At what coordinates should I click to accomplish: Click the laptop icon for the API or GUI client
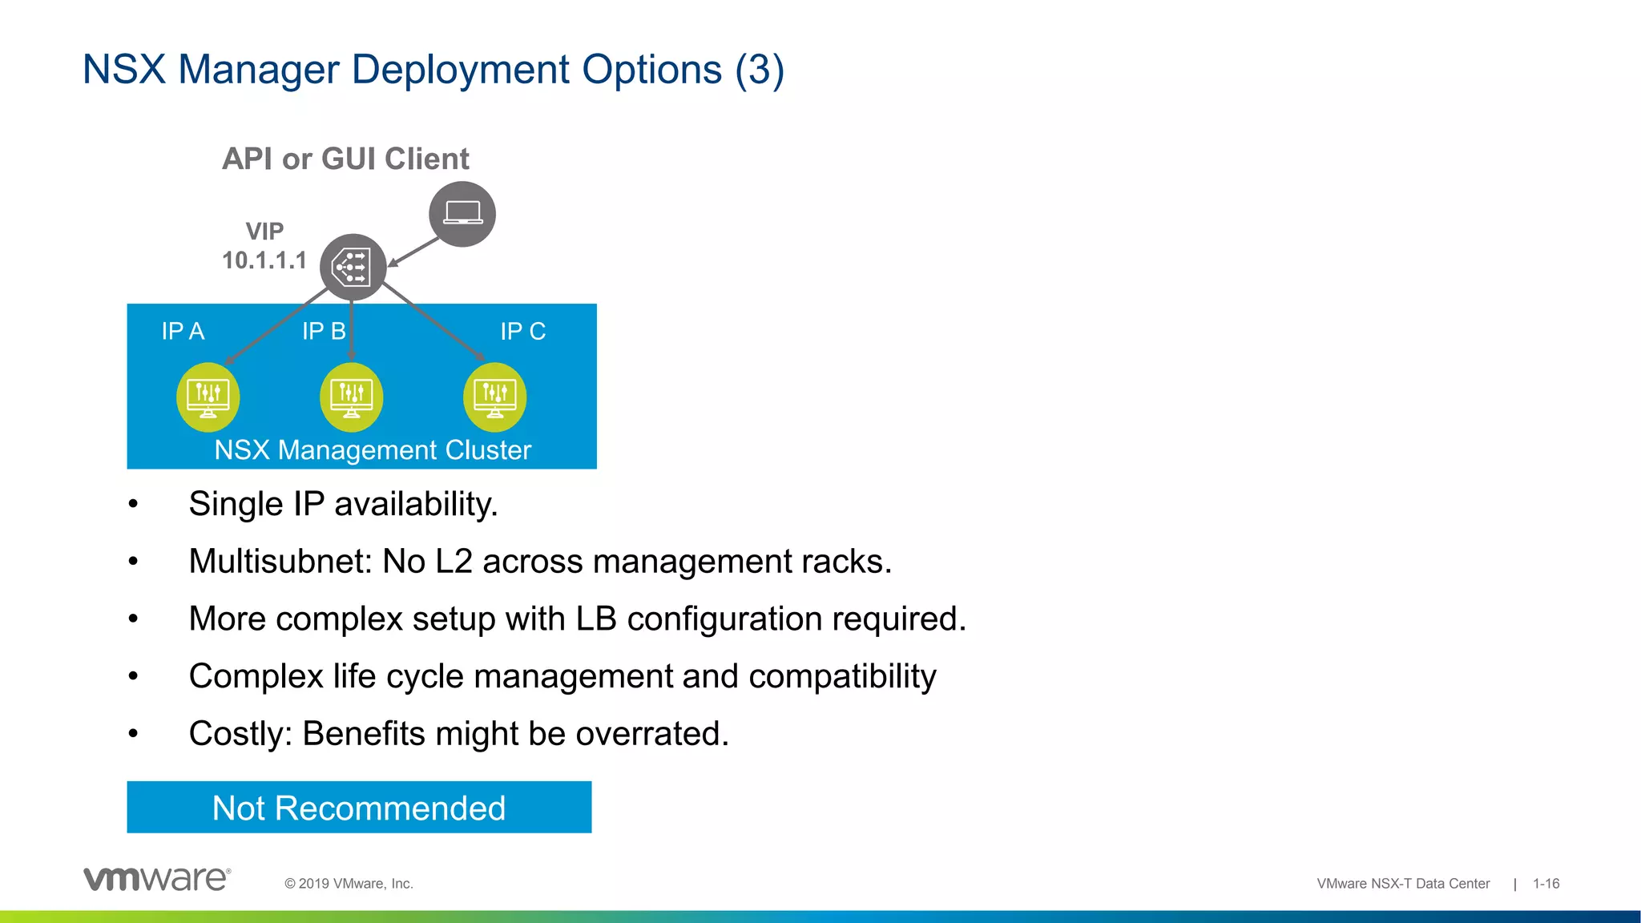tap(462, 214)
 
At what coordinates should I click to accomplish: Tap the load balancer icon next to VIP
tap(353, 268)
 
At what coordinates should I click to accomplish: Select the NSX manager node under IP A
tap(208, 397)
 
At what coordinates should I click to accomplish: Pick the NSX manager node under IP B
tap(351, 397)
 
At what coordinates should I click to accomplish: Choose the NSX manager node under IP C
tap(494, 397)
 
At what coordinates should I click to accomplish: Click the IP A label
tap(183, 331)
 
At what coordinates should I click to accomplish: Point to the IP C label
tap(522, 331)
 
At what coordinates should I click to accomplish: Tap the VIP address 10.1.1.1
tap(264, 260)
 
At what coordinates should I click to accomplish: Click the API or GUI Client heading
tap(345, 159)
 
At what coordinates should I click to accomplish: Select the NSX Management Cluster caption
tap(373, 450)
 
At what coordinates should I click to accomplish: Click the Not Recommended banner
tap(359, 808)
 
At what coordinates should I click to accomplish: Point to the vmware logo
tap(157, 879)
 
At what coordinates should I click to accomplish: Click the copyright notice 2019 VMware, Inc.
tap(349, 884)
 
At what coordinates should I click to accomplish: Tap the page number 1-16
tap(1546, 884)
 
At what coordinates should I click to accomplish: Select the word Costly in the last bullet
tap(240, 734)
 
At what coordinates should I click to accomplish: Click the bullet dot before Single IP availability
tap(133, 505)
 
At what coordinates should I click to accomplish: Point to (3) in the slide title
tap(760, 70)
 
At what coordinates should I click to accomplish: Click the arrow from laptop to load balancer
tap(413, 252)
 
